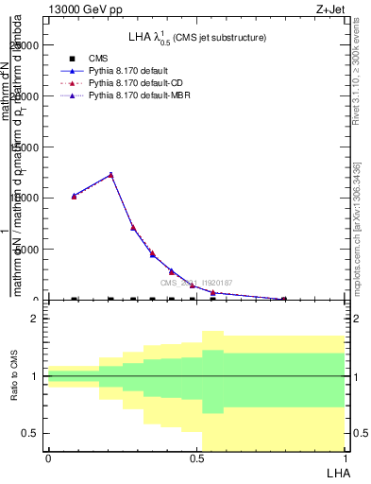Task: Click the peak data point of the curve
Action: (110, 174)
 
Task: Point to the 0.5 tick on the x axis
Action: (195, 458)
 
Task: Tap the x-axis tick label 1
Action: (344, 458)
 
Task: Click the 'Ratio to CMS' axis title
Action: (14, 376)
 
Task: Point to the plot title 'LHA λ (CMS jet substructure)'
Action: (196, 38)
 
